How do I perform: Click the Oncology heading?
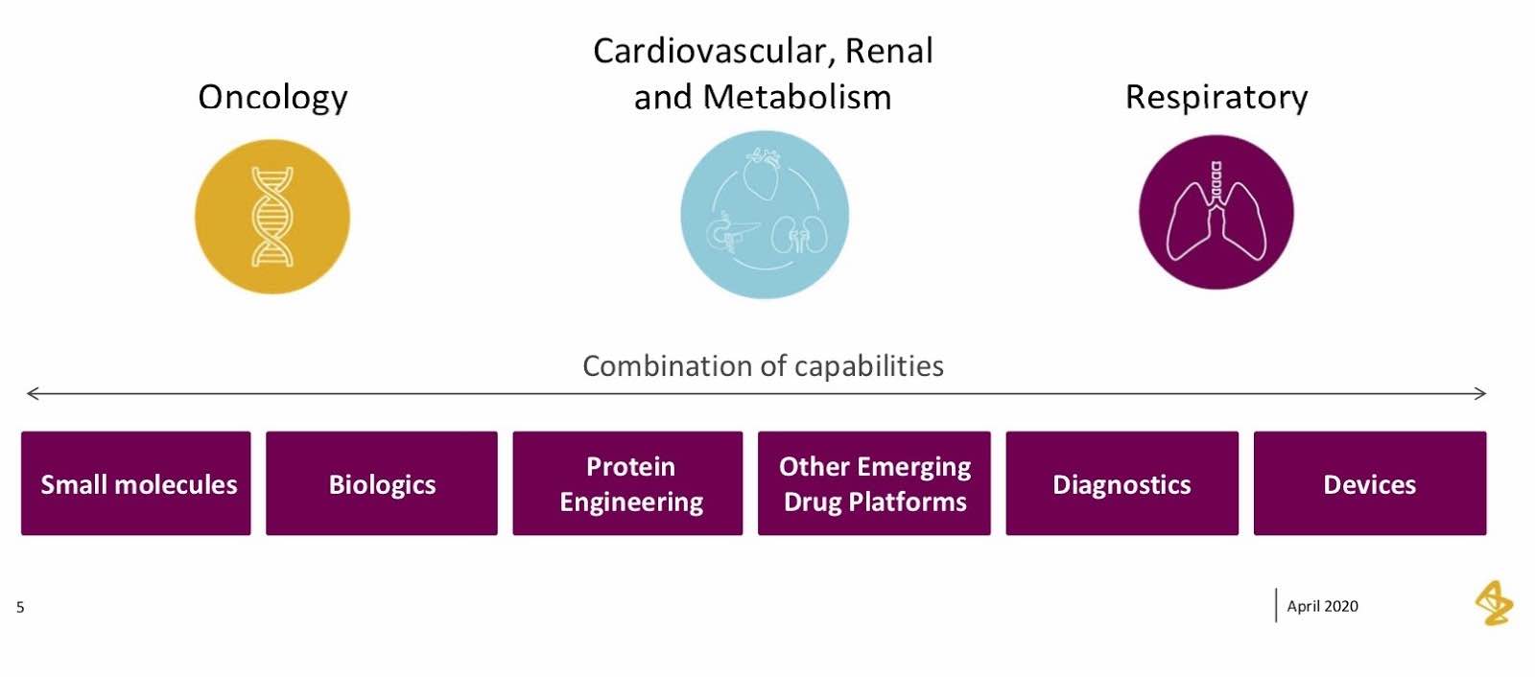272,98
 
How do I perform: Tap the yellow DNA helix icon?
272,217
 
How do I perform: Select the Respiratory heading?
1216,98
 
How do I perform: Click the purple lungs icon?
1216,213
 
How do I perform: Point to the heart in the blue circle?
762,173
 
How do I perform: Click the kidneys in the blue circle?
799,234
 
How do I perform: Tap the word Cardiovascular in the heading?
714,52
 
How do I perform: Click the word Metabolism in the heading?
797,97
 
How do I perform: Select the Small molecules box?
135,483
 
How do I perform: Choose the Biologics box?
382,483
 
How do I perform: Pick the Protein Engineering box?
627,483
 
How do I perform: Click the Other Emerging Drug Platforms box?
874,483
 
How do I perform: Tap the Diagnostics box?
1122,483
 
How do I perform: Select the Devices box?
1371,483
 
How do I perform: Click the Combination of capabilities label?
764,366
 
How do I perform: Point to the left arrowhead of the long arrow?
28,393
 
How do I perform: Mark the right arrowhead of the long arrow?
1486,393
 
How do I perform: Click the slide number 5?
20,607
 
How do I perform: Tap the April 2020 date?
1323,606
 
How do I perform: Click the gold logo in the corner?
1495,603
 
